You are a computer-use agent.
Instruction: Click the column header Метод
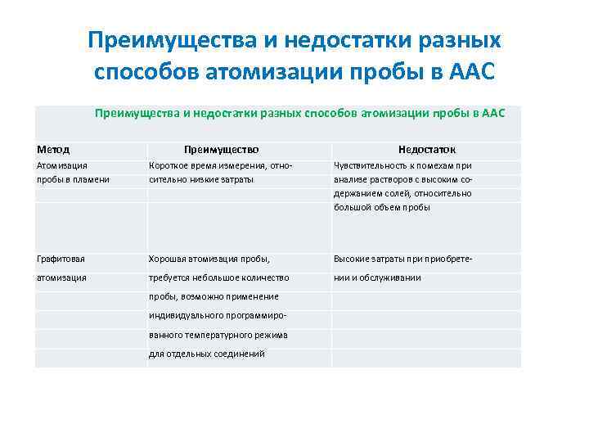[x=53, y=150]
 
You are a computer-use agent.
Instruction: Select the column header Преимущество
[x=221, y=150]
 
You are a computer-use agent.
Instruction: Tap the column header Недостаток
[x=426, y=150]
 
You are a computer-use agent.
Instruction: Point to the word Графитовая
[x=61, y=259]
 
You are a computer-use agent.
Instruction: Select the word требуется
[x=169, y=277]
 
